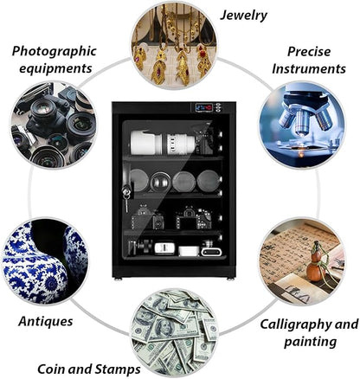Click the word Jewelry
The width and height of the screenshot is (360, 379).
coord(244,16)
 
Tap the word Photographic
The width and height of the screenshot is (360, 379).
coord(54,52)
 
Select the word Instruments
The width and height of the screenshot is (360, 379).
coord(309,69)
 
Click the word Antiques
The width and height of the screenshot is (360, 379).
coord(46,321)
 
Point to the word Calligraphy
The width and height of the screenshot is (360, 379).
coord(296,325)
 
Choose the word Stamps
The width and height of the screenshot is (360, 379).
coord(118,369)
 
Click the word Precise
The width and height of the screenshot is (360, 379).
coord(309,52)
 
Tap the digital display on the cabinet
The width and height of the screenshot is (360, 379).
coord(203,108)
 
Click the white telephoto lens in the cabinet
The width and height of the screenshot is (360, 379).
coord(163,143)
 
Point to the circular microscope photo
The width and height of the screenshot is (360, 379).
coord(302,125)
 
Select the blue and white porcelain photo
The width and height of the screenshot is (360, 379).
coord(46,261)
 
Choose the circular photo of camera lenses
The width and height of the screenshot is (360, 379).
coord(54,125)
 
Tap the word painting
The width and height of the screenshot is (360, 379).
coord(311,342)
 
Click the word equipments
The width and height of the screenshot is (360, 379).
coord(55,69)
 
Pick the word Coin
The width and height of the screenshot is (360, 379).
coord(51,369)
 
